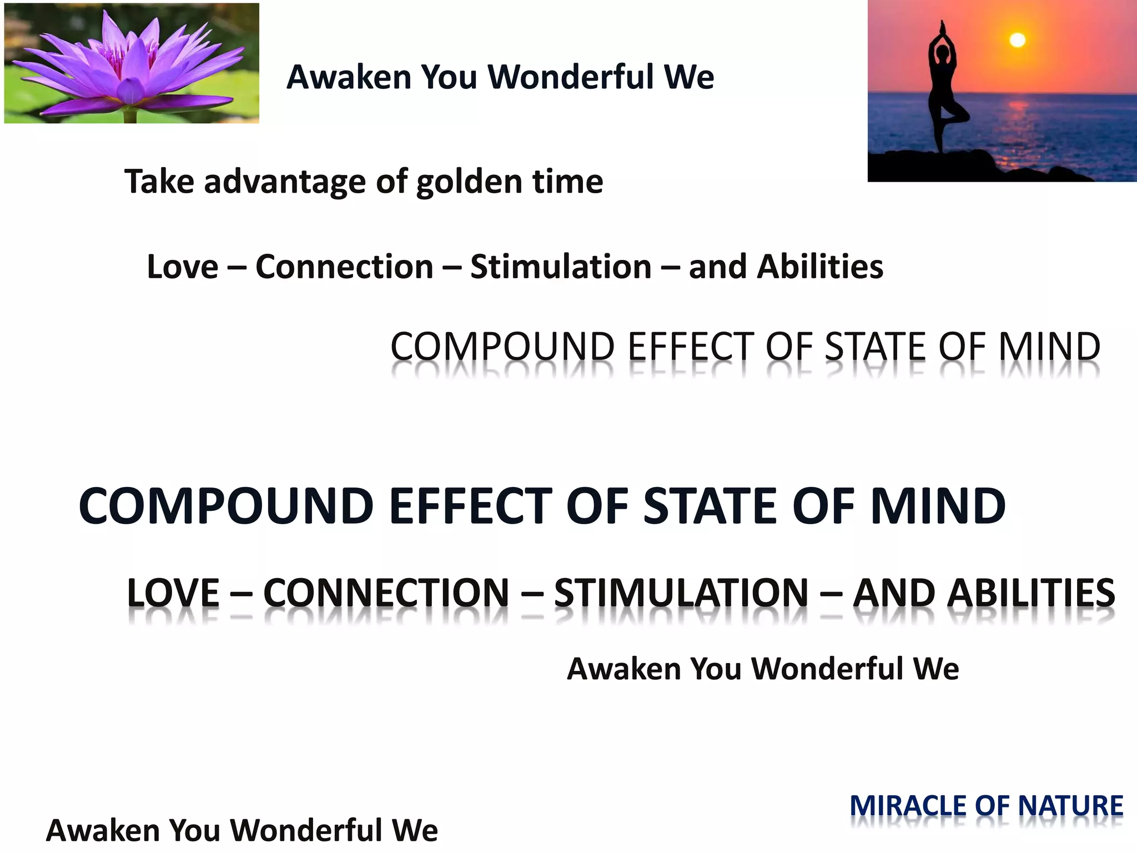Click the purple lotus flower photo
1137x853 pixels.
[x=132, y=63]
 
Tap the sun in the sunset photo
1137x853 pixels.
[x=1017, y=40]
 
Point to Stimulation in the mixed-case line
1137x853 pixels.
[x=561, y=267]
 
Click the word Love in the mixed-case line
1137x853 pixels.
[x=183, y=267]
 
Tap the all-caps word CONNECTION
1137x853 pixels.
[x=386, y=593]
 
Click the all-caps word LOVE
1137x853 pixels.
[x=173, y=593]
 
